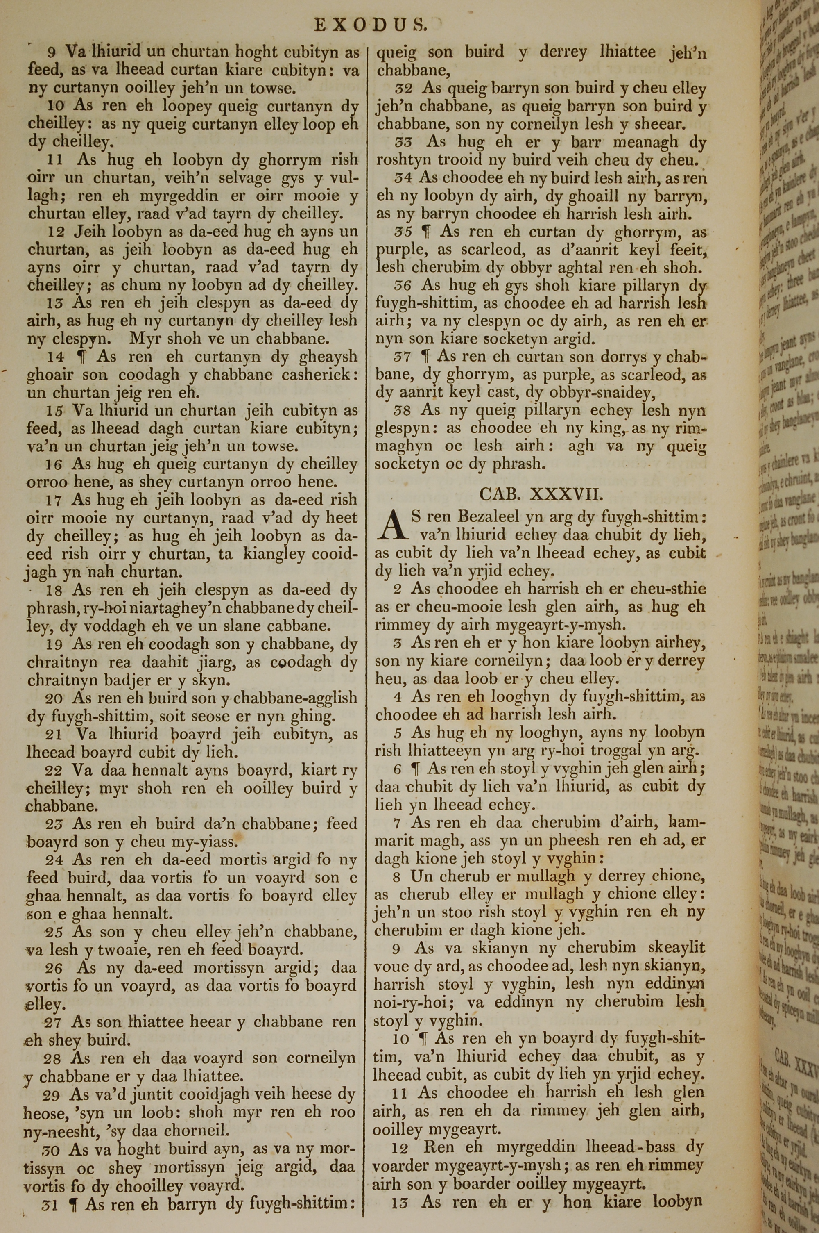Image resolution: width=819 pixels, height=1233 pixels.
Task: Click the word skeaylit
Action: pyautogui.click(x=676, y=948)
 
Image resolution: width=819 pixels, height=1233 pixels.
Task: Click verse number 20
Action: pyautogui.click(x=54, y=698)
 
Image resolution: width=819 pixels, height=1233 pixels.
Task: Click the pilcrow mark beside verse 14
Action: pyautogui.click(x=81, y=357)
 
